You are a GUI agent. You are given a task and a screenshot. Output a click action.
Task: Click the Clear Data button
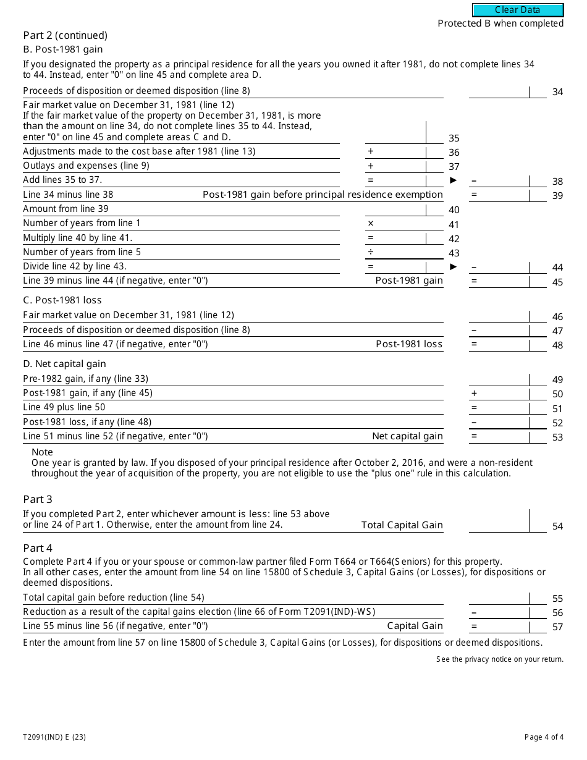pos(518,10)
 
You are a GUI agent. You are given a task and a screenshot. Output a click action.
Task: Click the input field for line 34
pos(499,92)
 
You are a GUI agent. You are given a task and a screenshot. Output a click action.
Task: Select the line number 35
pos(454,138)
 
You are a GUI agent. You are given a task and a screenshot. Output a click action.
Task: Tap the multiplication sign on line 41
pos(371,224)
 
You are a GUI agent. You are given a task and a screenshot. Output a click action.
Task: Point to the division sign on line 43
pos(371,252)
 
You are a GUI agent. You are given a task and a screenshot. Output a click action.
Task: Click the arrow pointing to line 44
pos(454,267)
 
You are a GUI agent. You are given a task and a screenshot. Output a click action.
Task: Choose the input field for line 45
pos(499,281)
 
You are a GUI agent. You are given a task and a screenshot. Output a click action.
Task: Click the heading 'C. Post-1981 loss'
pos(62,300)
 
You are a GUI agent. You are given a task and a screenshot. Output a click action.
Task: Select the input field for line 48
pos(499,344)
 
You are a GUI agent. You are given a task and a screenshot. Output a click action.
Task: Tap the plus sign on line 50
pos(475,394)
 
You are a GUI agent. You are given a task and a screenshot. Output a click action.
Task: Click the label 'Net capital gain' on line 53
pos(407,436)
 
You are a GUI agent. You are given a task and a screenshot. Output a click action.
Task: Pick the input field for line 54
pos(499,521)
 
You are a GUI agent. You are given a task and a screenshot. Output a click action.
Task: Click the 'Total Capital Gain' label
pos(402,525)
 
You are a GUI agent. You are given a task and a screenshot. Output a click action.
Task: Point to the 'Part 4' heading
pos(38,548)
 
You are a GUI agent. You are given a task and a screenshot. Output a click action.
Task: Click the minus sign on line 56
pos(475,612)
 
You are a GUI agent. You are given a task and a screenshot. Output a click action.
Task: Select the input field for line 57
pos(499,626)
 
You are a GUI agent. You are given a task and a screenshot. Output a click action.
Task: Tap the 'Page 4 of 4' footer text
pos(544,737)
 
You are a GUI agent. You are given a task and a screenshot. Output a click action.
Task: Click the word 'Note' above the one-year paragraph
pos(43,452)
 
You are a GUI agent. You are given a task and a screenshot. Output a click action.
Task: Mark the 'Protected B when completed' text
pos(500,23)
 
